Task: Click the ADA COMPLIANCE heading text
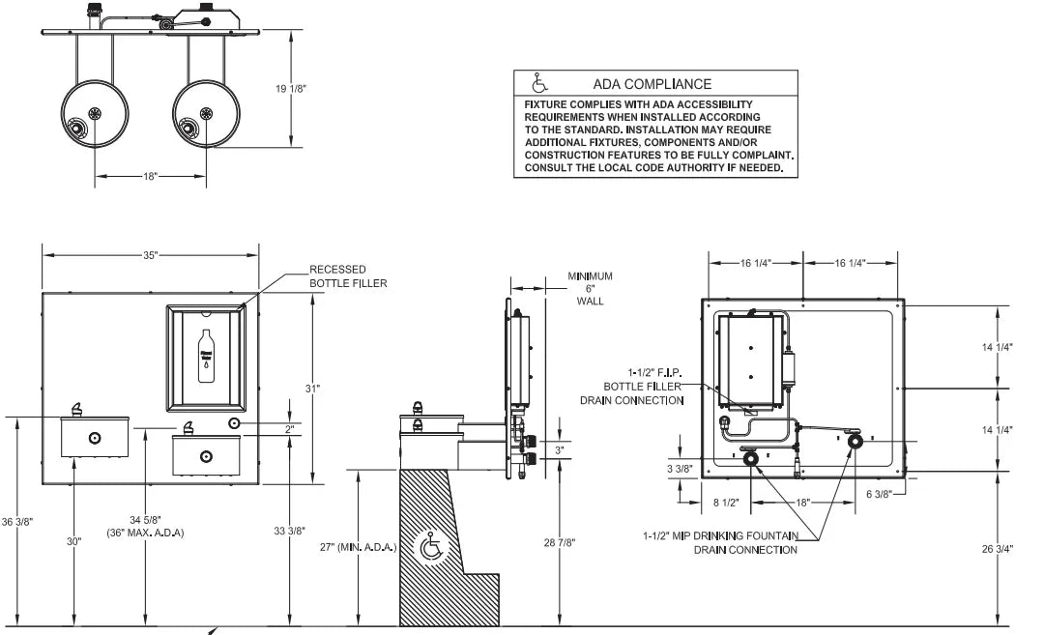click(652, 84)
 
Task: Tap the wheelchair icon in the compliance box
click(540, 83)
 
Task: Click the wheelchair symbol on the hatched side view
click(432, 548)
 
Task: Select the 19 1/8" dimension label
click(291, 89)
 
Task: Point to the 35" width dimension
click(151, 255)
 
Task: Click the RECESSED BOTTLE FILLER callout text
click(348, 276)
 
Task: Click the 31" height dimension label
click(312, 389)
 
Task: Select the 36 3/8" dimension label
click(16, 522)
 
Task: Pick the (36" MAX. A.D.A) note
click(145, 533)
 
